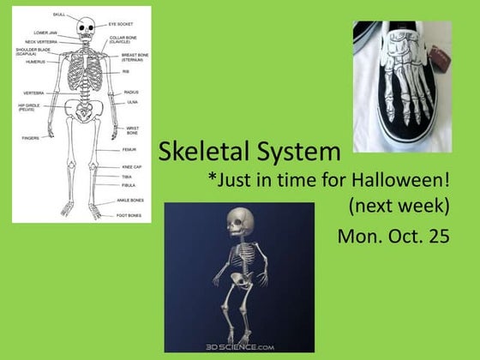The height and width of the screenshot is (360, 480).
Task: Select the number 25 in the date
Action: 438,237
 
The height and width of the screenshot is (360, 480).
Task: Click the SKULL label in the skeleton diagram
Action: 58,15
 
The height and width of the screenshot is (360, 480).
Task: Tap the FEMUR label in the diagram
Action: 129,149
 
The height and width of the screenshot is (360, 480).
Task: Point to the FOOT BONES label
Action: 129,215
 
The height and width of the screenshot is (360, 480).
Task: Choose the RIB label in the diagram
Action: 125,72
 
